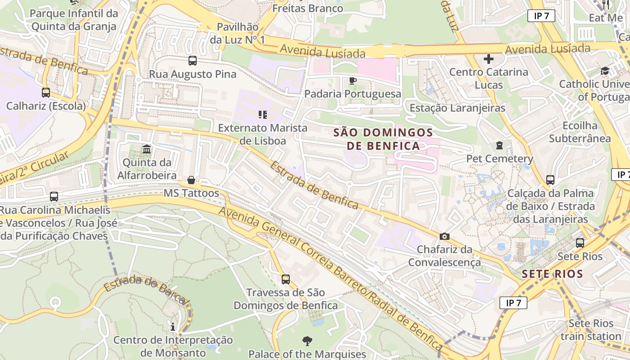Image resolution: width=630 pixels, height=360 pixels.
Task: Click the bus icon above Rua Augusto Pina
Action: click(x=193, y=60)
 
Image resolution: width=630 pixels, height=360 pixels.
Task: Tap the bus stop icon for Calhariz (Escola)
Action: click(x=46, y=93)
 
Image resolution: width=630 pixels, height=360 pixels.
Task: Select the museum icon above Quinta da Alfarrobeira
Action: click(x=147, y=149)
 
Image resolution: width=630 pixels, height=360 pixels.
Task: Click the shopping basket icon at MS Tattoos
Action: click(x=191, y=180)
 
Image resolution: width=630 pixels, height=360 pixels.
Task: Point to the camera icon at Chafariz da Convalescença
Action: click(x=445, y=236)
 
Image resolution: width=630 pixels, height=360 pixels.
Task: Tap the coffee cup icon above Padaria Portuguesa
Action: click(x=352, y=81)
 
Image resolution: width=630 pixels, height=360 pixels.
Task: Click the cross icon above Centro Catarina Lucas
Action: click(x=489, y=59)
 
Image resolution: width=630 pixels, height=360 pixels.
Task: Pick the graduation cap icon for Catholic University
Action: click(x=605, y=71)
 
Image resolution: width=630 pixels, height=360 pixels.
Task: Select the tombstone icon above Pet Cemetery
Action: click(x=499, y=145)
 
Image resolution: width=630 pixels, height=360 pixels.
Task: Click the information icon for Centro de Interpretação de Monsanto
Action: click(x=173, y=326)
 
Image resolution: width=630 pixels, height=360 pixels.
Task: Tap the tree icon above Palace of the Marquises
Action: click(x=307, y=341)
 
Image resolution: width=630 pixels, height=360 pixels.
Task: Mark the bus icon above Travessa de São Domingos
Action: click(x=286, y=279)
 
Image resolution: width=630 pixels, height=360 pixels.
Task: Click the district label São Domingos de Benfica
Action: click(x=383, y=139)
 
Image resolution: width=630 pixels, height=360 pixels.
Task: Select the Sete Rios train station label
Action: click(x=591, y=330)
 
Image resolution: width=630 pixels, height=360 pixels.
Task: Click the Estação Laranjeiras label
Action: click(x=457, y=108)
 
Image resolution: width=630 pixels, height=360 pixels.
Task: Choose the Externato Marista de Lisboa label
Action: click(x=263, y=134)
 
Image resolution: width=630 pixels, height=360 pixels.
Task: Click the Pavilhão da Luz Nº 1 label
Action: click(x=238, y=33)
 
